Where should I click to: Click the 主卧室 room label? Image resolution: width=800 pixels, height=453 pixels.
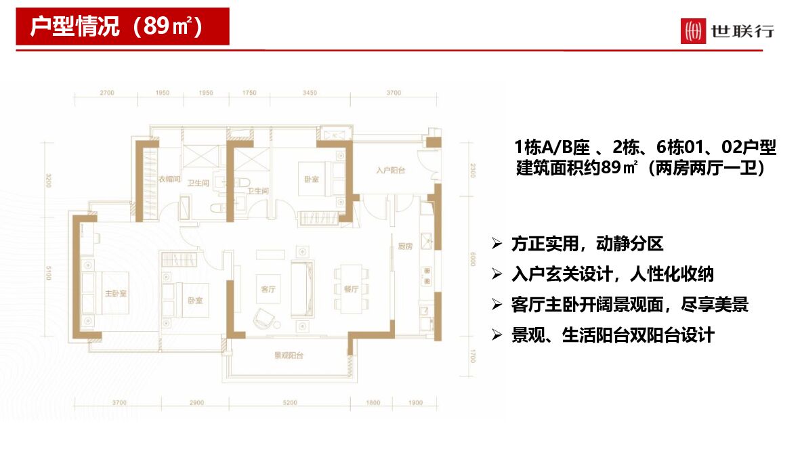[115, 294]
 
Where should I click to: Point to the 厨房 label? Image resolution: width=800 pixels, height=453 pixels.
[405, 246]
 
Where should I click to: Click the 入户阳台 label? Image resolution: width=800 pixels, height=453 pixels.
[391, 171]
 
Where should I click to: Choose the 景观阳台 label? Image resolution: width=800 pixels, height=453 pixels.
[288, 355]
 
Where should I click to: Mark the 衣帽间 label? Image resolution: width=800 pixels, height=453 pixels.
[169, 179]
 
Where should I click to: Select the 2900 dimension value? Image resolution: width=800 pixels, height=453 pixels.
[196, 403]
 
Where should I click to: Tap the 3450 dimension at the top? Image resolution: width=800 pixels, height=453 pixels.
[310, 93]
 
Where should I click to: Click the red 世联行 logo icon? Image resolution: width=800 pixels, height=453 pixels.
[693, 31]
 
